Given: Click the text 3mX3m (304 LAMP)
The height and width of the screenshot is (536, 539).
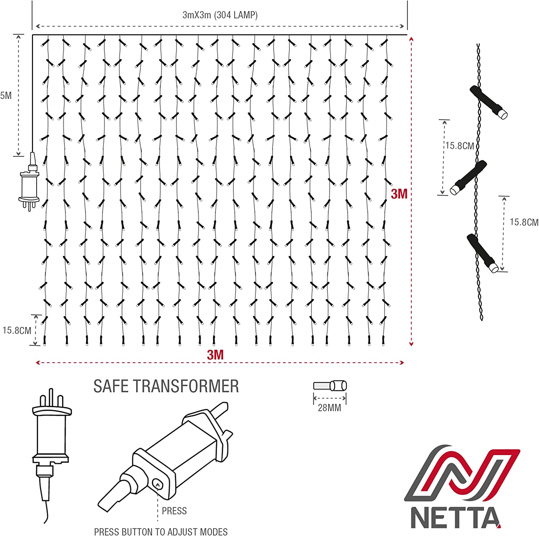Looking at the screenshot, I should click(220, 15).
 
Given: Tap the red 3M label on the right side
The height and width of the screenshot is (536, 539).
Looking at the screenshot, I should click(399, 194).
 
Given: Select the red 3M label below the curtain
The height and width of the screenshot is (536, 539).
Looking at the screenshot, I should click(215, 355).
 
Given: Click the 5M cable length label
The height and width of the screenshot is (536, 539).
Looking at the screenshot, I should click(6, 96).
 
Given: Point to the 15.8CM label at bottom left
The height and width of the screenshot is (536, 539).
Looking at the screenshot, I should click(17, 330).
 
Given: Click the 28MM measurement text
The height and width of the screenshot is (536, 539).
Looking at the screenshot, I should click(329, 408).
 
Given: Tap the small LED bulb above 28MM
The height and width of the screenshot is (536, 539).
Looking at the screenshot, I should click(330, 386).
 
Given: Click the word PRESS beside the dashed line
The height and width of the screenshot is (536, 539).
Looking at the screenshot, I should click(174, 511).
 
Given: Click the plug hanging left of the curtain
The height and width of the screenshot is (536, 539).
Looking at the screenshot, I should click(29, 183).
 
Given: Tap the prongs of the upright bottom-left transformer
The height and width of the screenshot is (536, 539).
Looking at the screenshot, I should click(52, 398).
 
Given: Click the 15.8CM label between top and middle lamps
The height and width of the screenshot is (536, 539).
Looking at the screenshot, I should click(460, 146).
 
